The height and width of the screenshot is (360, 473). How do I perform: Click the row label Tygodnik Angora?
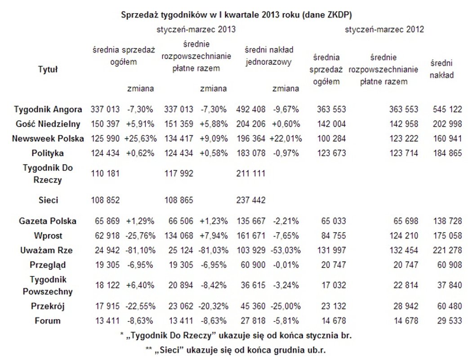click(48, 109)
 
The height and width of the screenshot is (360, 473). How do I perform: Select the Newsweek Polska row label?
click(48, 139)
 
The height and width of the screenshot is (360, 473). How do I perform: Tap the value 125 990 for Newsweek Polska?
click(105, 139)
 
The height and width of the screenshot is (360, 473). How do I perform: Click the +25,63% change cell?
click(141, 139)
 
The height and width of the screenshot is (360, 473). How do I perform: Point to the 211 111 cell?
click(250, 173)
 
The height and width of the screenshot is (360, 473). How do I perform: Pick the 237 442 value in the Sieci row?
click(250, 199)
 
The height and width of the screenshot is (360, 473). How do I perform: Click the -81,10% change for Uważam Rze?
click(141, 250)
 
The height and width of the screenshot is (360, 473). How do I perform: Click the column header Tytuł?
click(48, 69)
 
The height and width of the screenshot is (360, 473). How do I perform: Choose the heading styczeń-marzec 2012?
click(385, 29)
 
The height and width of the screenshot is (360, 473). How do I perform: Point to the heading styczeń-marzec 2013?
click(196, 29)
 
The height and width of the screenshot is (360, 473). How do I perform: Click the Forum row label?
click(48, 321)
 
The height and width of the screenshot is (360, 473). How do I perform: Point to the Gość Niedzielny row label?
click(48, 124)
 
